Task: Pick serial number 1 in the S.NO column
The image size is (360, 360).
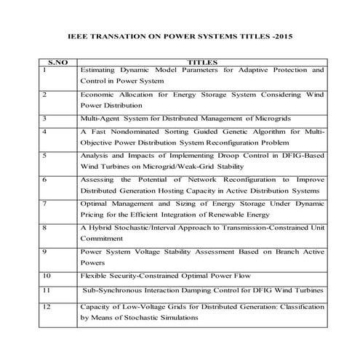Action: coord(45,71)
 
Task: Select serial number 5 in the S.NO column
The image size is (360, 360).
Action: coord(45,156)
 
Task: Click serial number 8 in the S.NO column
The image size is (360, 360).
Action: coord(45,227)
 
